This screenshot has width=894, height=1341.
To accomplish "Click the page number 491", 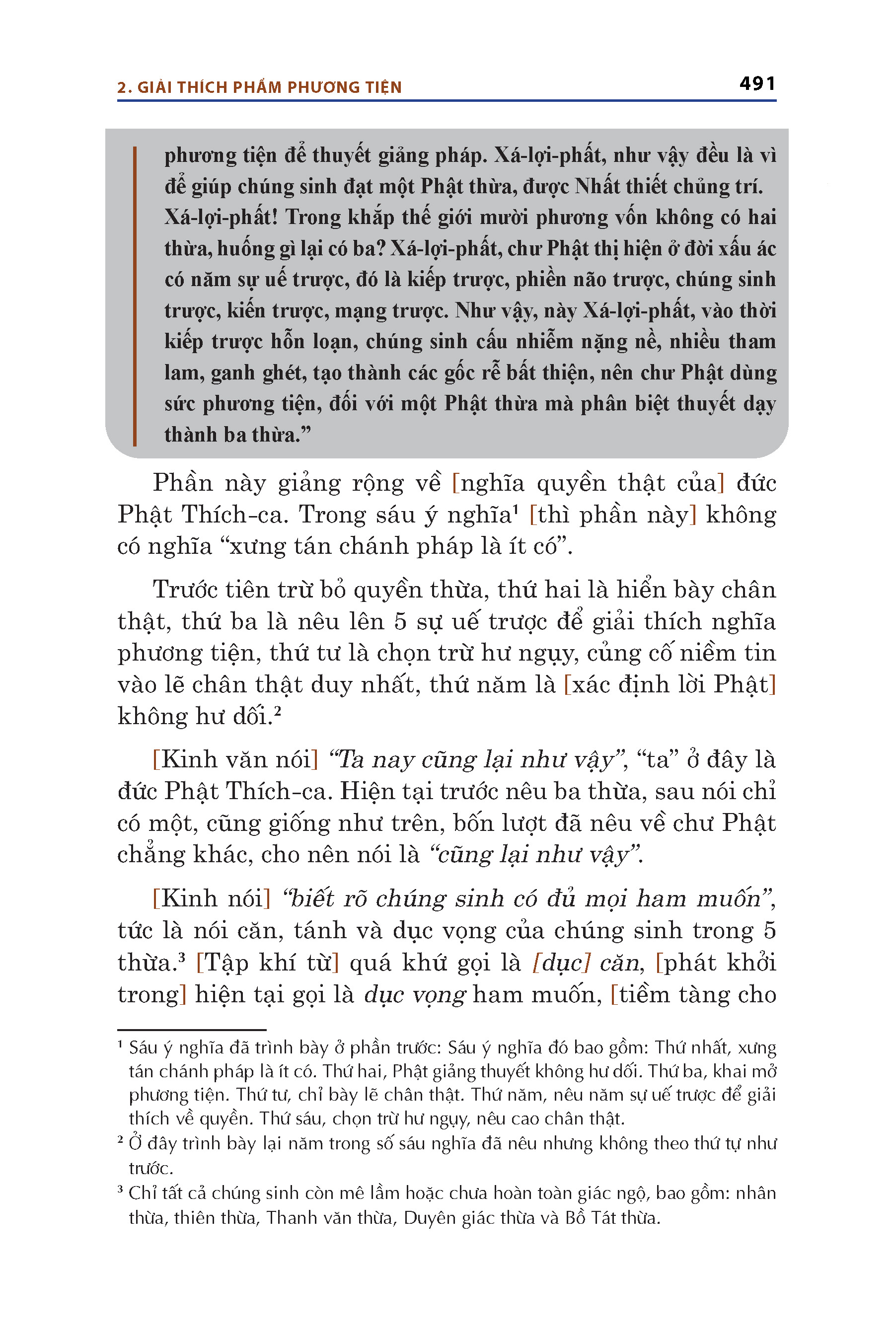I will click(x=757, y=84).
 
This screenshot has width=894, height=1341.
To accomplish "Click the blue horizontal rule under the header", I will click(x=447, y=101).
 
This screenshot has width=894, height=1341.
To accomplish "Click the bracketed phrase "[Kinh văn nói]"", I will click(x=235, y=760).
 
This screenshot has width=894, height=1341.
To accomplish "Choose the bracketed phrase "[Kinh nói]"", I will click(x=211, y=899).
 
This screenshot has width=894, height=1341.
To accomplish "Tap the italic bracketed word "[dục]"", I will click(x=561, y=963).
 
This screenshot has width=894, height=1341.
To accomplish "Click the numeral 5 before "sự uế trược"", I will click(x=400, y=621).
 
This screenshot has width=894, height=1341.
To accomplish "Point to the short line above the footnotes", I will click(x=192, y=1030).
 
